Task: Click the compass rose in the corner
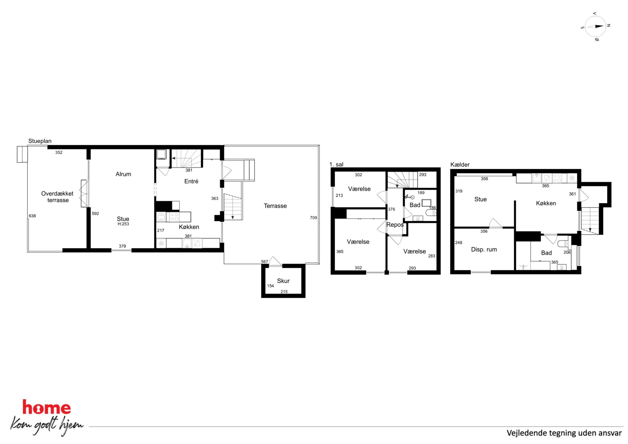pos(595,27)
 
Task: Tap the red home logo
pos(47,408)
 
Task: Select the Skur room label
pos(283,281)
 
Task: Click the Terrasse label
pos(275,206)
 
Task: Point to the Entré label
pos(191,181)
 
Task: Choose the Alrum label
pos(123,174)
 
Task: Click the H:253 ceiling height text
pos(123,224)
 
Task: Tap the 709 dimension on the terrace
pos(313,217)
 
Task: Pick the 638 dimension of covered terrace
pos(32,216)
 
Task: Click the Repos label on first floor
pos(395,225)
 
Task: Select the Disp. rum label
pos(484,249)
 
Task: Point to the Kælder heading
pos(460,165)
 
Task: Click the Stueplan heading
pos(40,141)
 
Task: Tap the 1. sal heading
pos(336,164)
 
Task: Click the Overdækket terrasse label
pos(57,197)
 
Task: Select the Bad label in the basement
pos(546,253)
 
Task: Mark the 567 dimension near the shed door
pos(265,261)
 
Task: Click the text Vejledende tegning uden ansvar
pos(564,433)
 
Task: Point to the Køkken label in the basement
pos(546,203)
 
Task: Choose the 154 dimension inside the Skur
pos(270,286)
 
